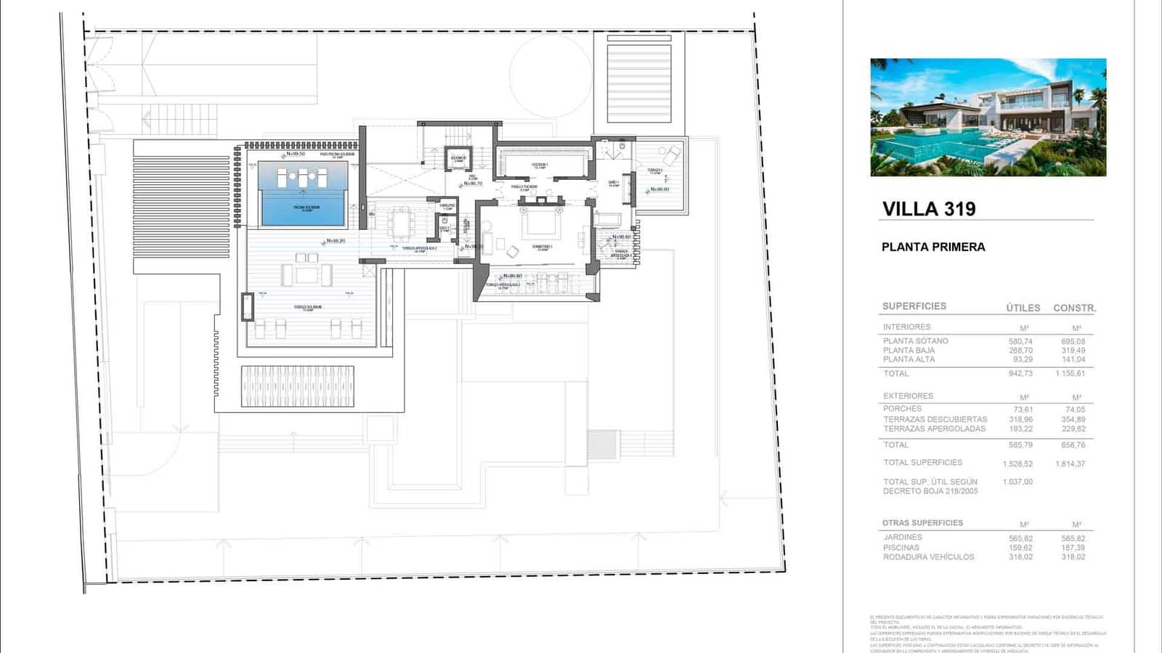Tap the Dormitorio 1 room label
click(x=542, y=247)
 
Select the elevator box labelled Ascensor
click(x=458, y=159)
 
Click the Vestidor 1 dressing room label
click(x=540, y=165)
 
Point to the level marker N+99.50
click(x=296, y=154)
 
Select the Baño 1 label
click(x=614, y=184)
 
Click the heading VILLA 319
click(x=929, y=209)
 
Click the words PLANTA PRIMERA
click(x=933, y=247)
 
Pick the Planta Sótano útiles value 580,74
click(x=1020, y=341)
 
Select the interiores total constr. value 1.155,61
click(x=1070, y=374)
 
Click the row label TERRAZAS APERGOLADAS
click(x=934, y=429)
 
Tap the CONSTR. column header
click(x=1074, y=308)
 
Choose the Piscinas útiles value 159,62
click(x=1020, y=548)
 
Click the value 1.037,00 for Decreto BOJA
click(x=1017, y=482)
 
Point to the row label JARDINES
click(x=902, y=538)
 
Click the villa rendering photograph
click(x=988, y=118)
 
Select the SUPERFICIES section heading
click(x=914, y=306)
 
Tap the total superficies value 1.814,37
click(x=1070, y=464)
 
